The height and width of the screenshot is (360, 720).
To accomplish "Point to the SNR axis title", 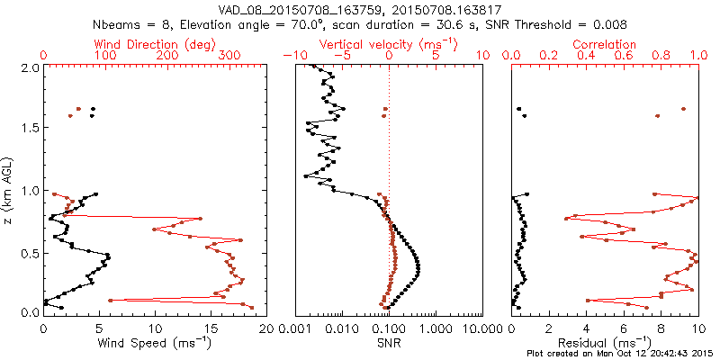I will [x=387, y=343].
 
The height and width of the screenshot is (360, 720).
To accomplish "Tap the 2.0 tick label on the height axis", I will [x=31, y=67].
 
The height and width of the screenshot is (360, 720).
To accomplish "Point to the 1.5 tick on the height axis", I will [x=31, y=129].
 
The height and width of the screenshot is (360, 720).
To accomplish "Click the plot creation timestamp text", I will [x=620, y=353].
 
